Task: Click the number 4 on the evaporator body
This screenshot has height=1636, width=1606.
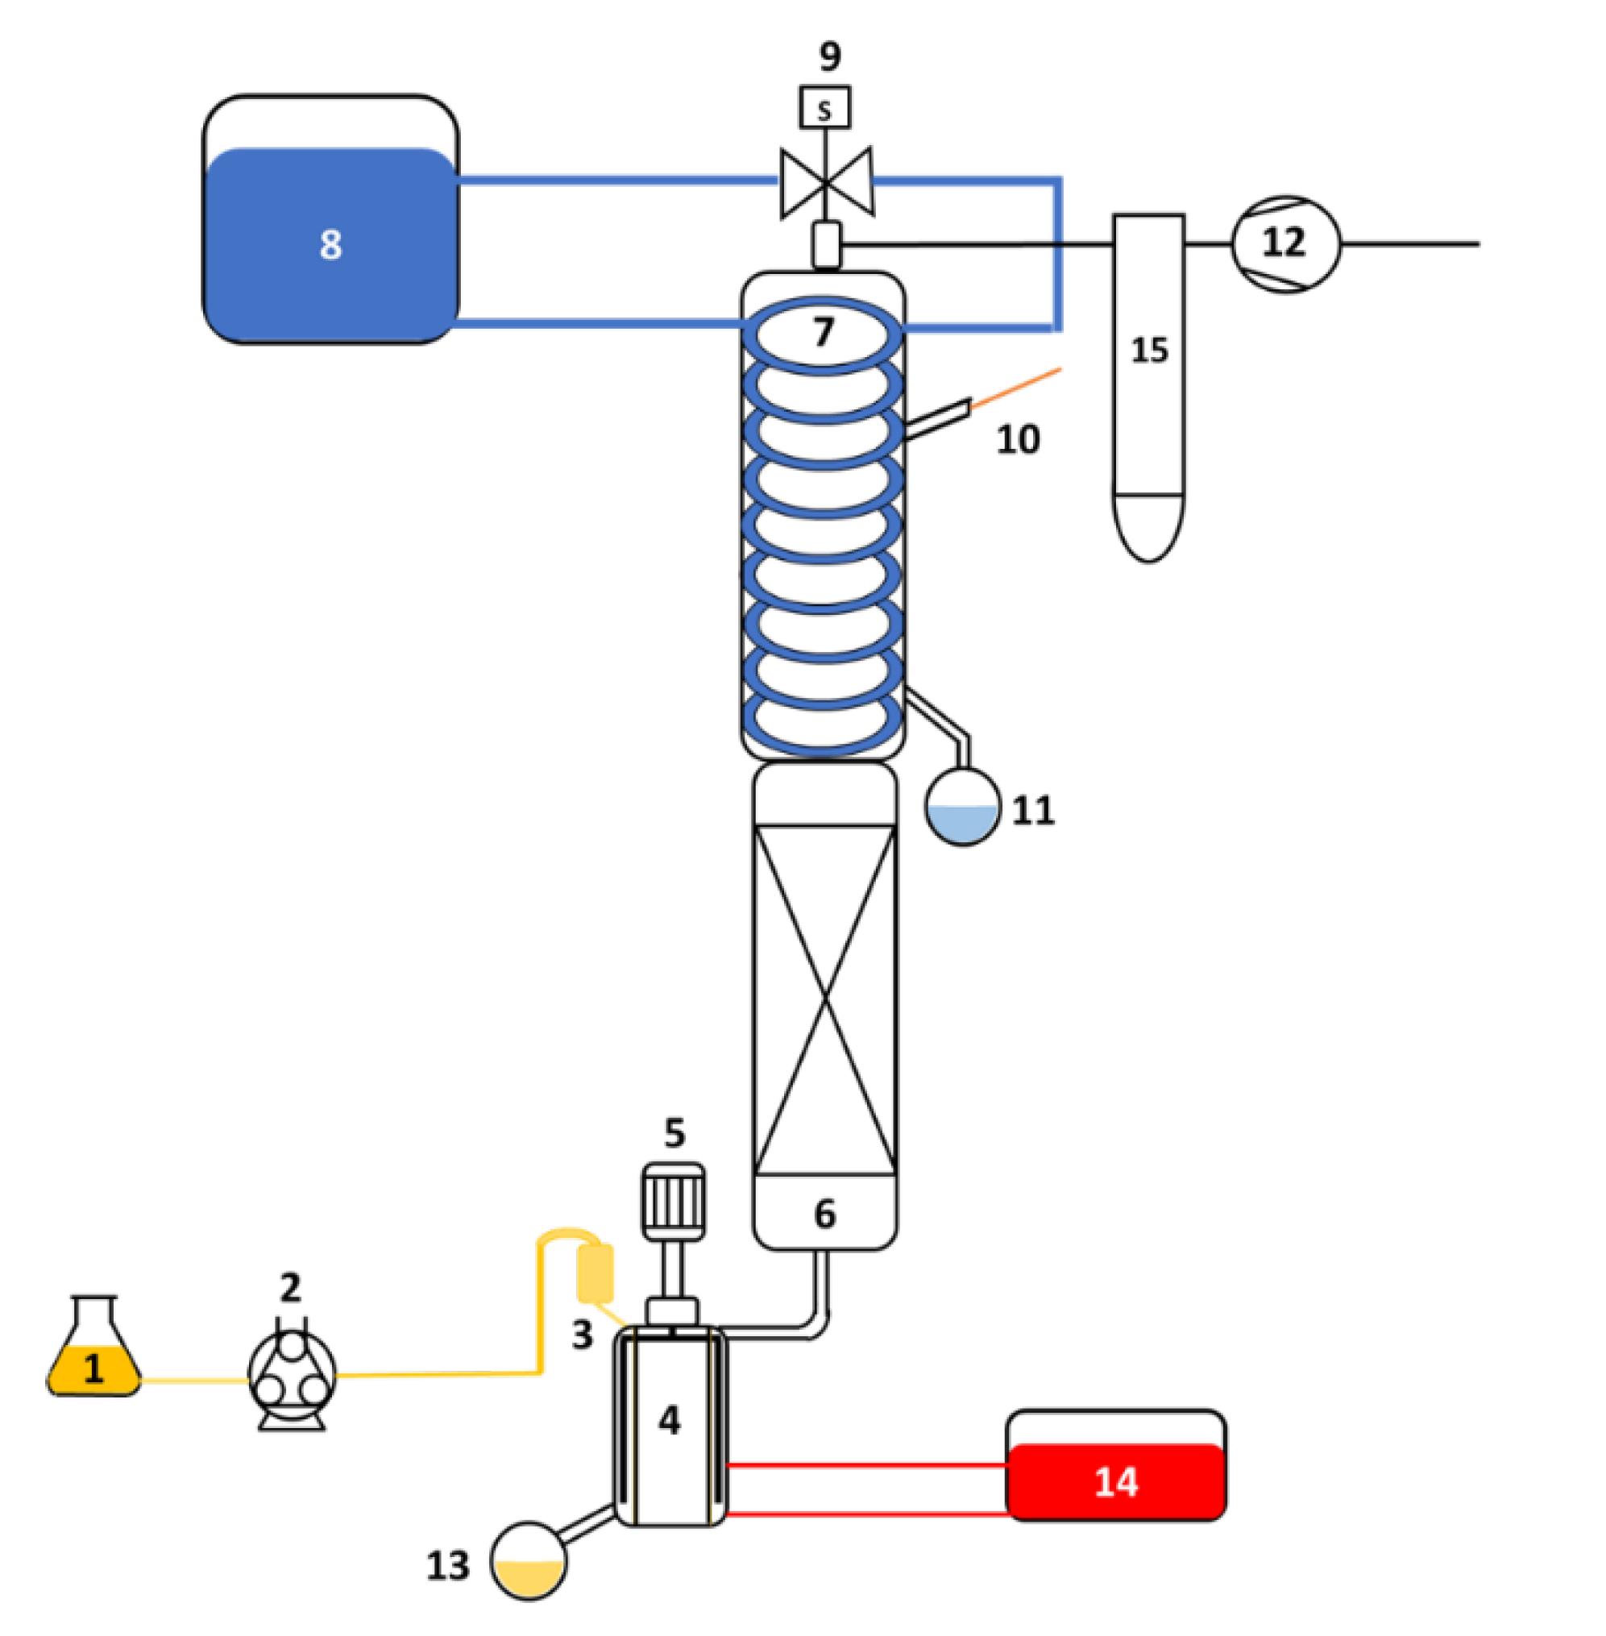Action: tap(669, 1420)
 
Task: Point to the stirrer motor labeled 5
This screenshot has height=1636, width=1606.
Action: tap(673, 1201)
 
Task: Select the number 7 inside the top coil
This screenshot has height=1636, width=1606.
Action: tap(824, 331)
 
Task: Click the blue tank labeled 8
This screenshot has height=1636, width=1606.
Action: tap(330, 245)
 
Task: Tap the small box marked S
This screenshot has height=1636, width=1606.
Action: tap(824, 109)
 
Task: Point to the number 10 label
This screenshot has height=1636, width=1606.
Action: tap(1017, 439)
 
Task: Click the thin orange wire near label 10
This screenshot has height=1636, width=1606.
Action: tap(1016, 388)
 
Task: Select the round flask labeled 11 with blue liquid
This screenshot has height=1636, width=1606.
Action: tap(962, 808)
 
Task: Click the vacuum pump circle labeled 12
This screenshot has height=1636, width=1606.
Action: tap(1284, 244)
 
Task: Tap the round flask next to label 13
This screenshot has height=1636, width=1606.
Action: tap(529, 1560)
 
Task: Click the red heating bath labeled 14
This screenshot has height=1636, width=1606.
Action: tap(1115, 1480)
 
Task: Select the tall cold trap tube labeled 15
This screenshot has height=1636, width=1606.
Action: tap(1148, 380)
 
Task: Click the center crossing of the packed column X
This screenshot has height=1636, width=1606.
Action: tap(825, 1000)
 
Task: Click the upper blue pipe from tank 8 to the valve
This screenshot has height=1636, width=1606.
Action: tap(616, 180)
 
